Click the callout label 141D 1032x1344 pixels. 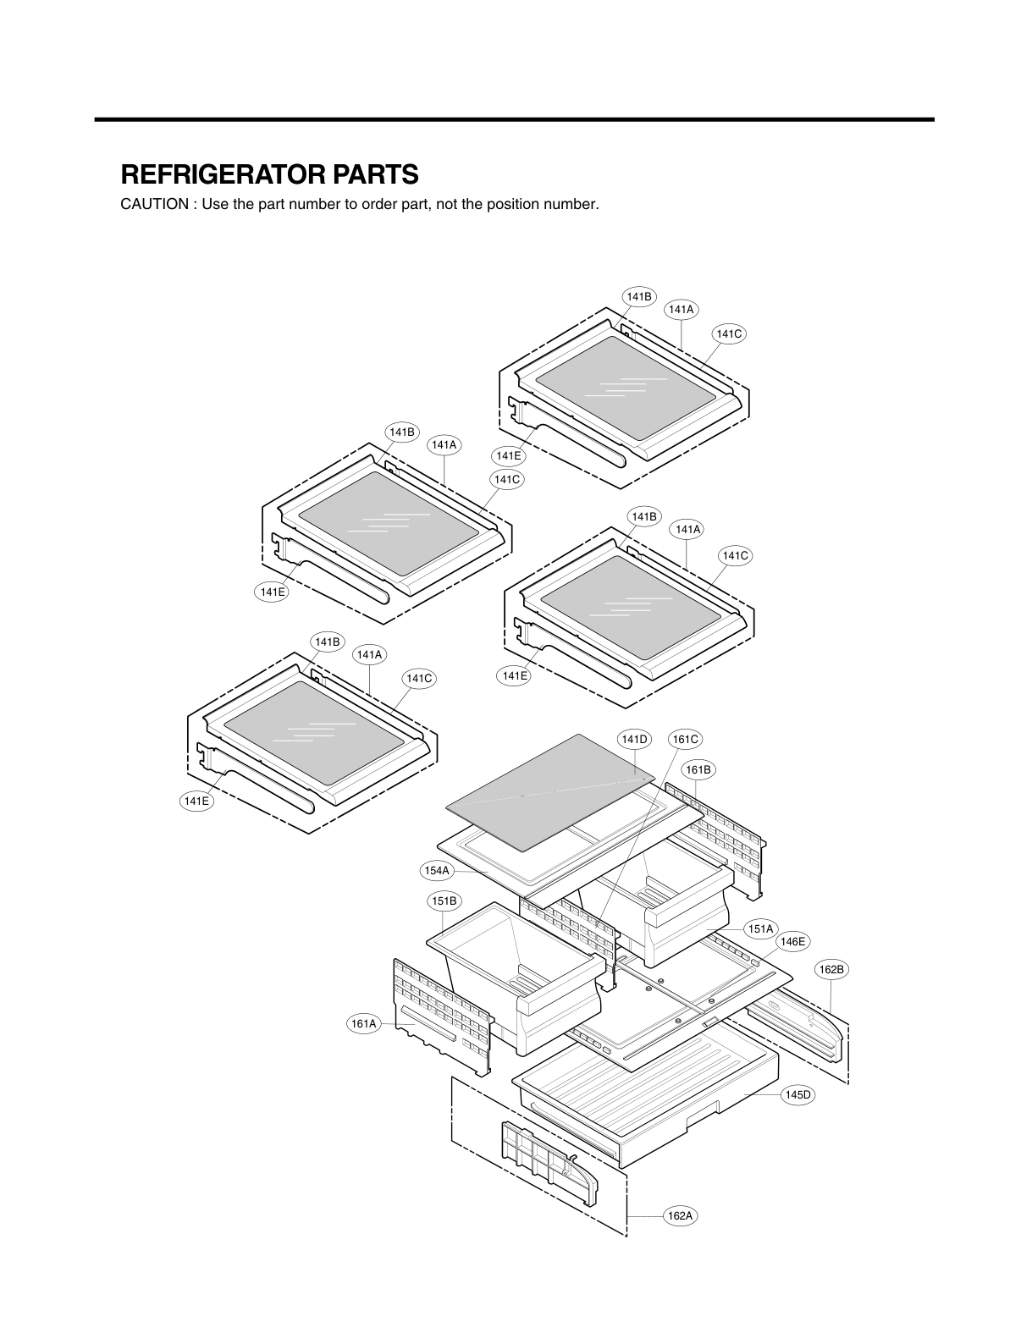tap(635, 739)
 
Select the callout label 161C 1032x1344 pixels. tap(685, 739)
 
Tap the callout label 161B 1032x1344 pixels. tap(698, 769)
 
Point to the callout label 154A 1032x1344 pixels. tap(438, 870)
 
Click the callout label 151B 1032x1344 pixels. tap(444, 901)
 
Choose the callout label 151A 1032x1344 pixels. tap(760, 928)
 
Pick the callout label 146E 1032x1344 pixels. tap(793, 941)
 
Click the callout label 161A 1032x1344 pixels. tap(364, 1024)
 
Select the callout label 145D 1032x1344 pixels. tap(797, 1094)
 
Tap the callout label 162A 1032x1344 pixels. tap(680, 1216)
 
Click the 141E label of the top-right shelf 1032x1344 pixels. tap(508, 455)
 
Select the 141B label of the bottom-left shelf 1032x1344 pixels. tap(328, 642)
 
